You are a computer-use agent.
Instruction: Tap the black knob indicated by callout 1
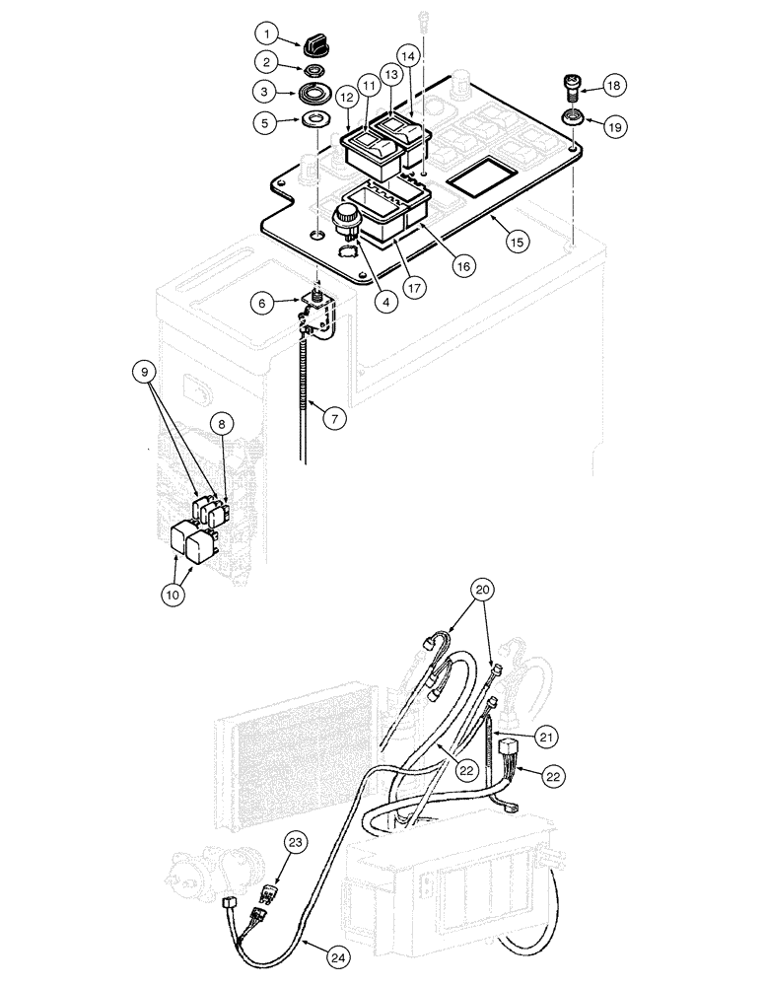(x=317, y=44)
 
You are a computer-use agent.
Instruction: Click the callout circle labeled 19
(x=612, y=126)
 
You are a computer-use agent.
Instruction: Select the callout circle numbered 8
(x=223, y=424)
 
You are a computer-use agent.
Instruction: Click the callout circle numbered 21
(x=548, y=735)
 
